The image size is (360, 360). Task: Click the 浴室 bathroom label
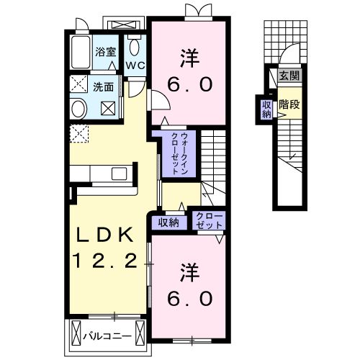pos(104,52)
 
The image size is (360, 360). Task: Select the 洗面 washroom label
pos(103,87)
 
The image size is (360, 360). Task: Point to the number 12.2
pos(104,260)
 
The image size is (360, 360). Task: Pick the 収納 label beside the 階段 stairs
pos(266,109)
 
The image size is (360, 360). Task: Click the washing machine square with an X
pos(108,109)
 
